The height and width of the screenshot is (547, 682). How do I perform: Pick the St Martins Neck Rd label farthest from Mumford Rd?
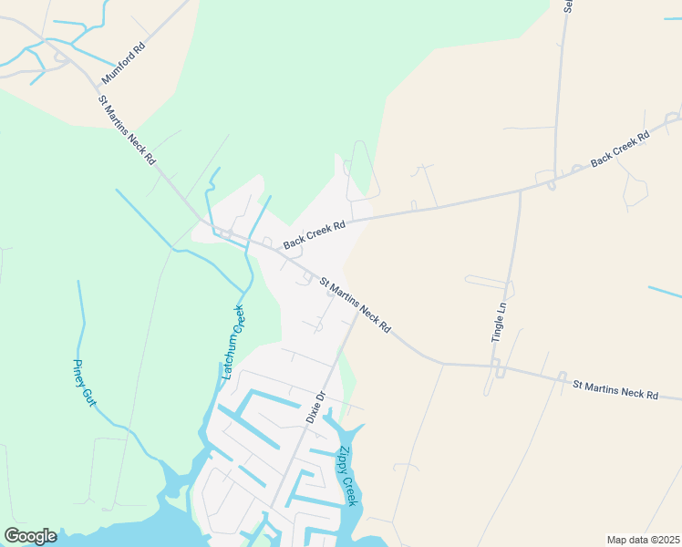(x=615, y=390)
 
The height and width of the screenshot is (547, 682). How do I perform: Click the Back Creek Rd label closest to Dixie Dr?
(x=315, y=234)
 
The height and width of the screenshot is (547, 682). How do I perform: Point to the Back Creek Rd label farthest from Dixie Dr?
(x=620, y=148)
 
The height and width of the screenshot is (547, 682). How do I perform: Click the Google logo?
(x=30, y=536)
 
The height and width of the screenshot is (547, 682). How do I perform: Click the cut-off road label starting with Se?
(x=568, y=6)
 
